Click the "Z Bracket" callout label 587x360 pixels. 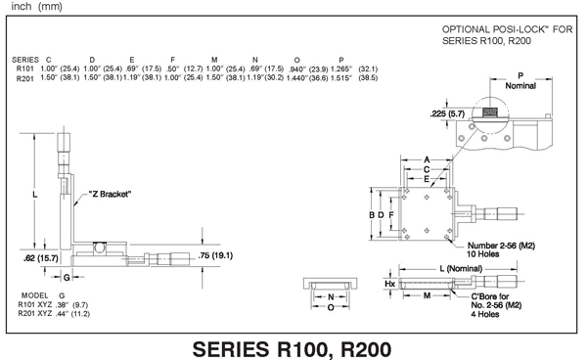pyautogui.click(x=110, y=195)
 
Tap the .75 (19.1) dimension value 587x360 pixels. pyautogui.click(x=215, y=255)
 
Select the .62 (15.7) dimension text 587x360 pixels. pyautogui.click(x=41, y=258)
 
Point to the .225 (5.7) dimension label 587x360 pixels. pyautogui.click(x=447, y=113)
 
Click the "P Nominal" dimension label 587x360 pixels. pyautogui.click(x=520, y=81)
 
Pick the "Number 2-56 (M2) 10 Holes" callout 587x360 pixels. pyautogui.click(x=501, y=249)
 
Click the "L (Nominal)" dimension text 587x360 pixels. pyautogui.click(x=461, y=268)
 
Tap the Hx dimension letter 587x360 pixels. pyautogui.click(x=389, y=284)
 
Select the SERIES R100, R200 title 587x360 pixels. pyautogui.click(x=292, y=349)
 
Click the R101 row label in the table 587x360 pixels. pyautogui.click(x=24, y=68)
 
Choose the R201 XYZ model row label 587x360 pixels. pyautogui.click(x=35, y=314)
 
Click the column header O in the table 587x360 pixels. pyautogui.click(x=296, y=60)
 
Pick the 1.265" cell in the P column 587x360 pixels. pyautogui.click(x=341, y=68)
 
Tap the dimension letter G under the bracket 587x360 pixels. pyautogui.click(x=67, y=277)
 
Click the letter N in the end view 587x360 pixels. pyautogui.click(x=331, y=297)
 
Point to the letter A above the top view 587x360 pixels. pyautogui.click(x=427, y=160)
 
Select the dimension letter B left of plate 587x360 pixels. pyautogui.click(x=372, y=215)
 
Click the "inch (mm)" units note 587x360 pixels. pyautogui.click(x=37, y=7)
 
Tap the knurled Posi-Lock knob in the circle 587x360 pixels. pyautogui.click(x=490, y=112)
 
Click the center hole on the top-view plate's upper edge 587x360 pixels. pyautogui.click(x=427, y=198)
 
